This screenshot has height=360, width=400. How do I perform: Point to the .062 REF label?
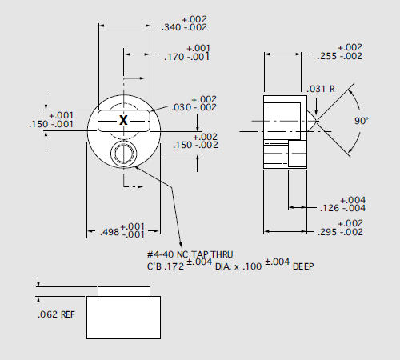tap(56, 315)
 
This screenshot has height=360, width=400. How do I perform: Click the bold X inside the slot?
tap(123, 120)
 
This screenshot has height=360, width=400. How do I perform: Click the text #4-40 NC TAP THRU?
tap(190, 254)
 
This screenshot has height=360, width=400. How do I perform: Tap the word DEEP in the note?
tap(303, 266)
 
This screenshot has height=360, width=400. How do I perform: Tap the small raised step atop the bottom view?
tap(123, 290)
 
